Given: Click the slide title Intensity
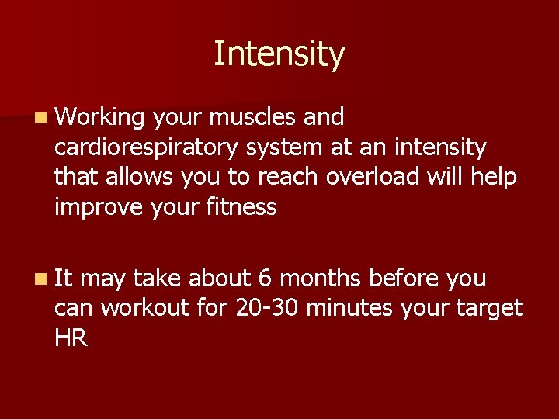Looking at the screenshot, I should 279,54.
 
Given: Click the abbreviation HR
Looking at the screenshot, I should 71,338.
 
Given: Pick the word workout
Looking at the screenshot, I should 145,308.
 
